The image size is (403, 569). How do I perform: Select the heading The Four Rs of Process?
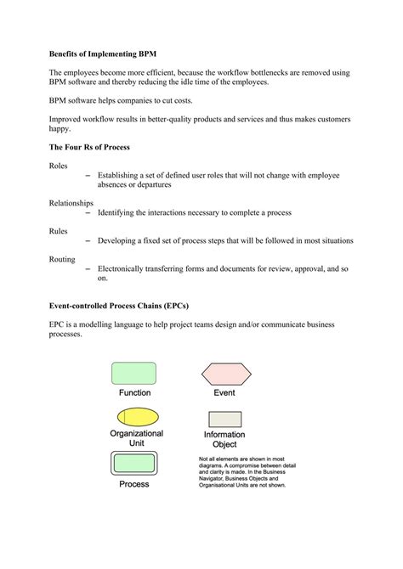[x=89, y=147]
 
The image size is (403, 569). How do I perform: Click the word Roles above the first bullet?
[x=60, y=166]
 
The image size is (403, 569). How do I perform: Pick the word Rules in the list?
[x=59, y=230]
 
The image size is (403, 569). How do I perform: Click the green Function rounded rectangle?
[x=134, y=373]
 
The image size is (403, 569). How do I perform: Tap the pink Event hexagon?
[x=224, y=374]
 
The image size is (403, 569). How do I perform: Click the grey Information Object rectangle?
[x=224, y=419]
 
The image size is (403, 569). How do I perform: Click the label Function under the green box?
[x=134, y=393]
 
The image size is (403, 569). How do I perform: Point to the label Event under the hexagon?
[x=224, y=393]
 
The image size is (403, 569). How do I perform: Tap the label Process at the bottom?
[x=134, y=484]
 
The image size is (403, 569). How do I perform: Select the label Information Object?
[x=224, y=440]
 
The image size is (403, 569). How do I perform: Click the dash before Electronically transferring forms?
[x=89, y=268]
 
